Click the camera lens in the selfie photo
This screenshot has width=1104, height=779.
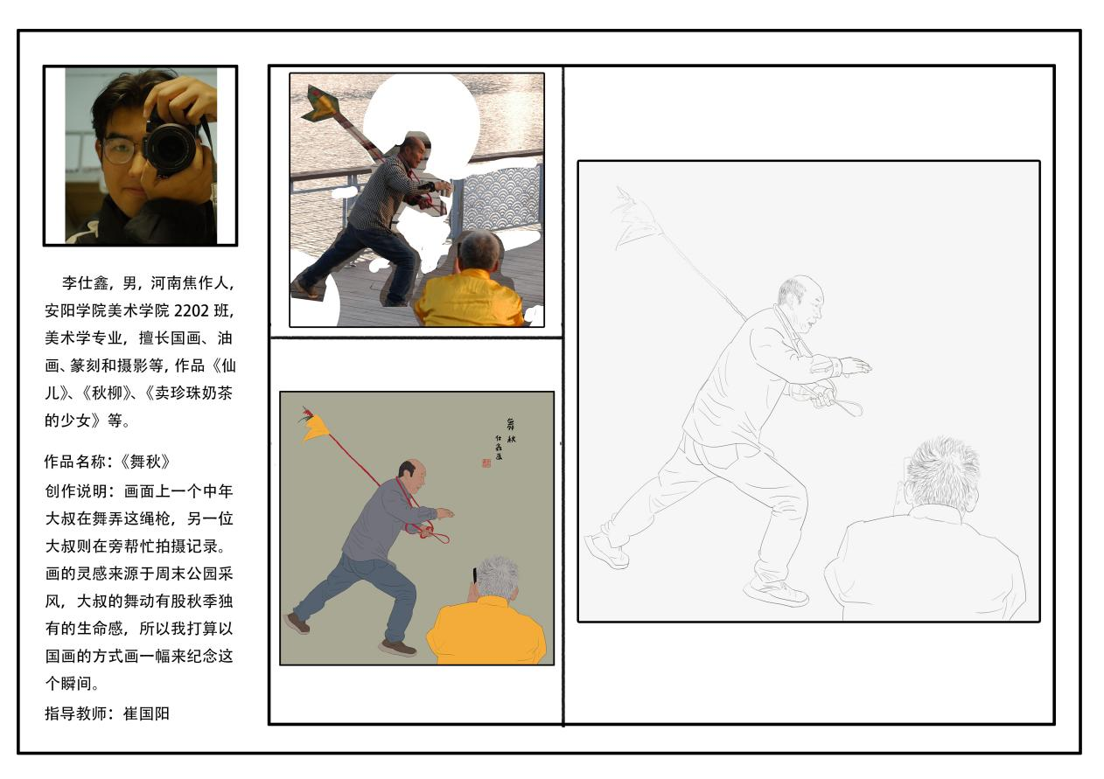171,148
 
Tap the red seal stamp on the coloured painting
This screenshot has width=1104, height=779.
486,463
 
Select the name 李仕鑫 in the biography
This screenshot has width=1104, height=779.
85,282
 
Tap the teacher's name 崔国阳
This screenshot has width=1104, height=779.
146,713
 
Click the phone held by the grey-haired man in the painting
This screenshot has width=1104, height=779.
475,575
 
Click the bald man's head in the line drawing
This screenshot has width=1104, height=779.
800,303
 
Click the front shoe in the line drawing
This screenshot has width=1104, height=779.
775,593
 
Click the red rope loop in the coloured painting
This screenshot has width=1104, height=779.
430,533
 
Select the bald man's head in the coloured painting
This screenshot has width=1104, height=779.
412,475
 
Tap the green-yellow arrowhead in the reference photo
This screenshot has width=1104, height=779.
323,102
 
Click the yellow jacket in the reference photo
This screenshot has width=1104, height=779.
468,298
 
